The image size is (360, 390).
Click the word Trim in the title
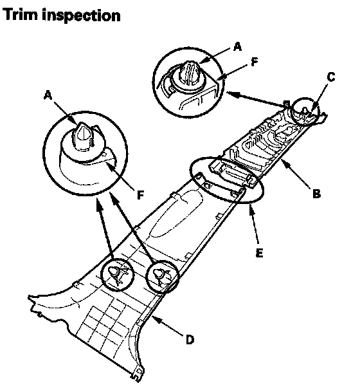click(x=21, y=14)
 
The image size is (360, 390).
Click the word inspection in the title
click(x=81, y=15)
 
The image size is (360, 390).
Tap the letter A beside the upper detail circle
click(x=237, y=46)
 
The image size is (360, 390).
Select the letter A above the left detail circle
click(x=48, y=95)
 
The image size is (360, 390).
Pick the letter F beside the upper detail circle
click(x=255, y=62)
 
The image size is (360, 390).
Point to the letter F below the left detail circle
click(x=141, y=195)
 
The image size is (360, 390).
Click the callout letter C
click(x=330, y=77)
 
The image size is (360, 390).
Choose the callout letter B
click(x=316, y=194)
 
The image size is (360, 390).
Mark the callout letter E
click(x=259, y=253)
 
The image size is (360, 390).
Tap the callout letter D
click(x=190, y=340)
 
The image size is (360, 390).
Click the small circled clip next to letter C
click(x=305, y=111)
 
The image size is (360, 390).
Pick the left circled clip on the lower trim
click(x=117, y=275)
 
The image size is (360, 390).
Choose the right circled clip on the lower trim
click(x=163, y=277)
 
